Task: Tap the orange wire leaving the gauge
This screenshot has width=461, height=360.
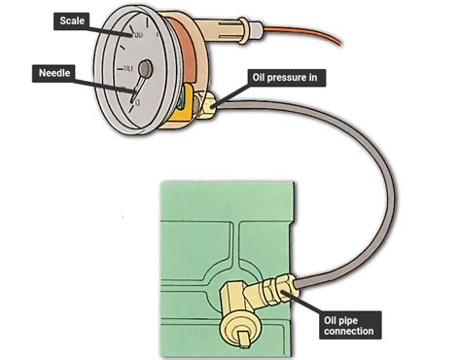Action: tap(311, 37)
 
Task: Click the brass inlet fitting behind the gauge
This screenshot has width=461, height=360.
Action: tap(206, 100)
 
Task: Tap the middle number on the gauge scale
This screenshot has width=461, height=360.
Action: tap(125, 71)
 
